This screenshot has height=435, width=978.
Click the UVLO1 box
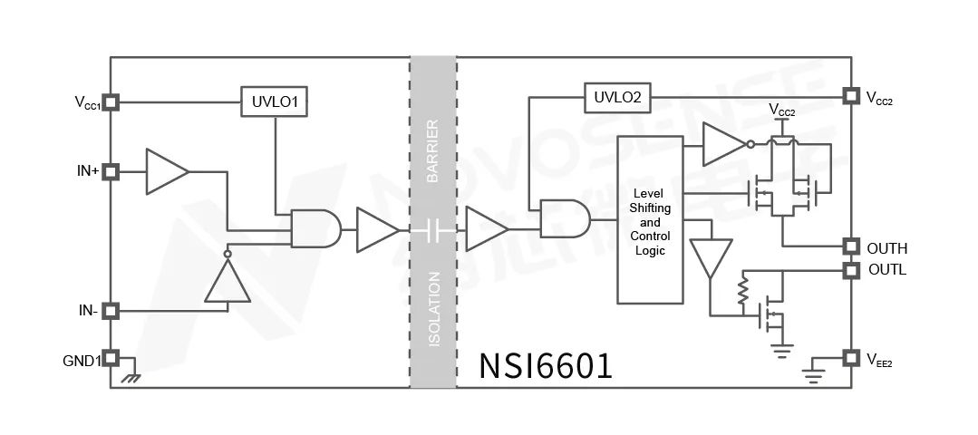point(275,102)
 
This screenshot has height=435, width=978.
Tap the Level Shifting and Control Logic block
point(649,219)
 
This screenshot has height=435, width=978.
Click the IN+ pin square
point(111,170)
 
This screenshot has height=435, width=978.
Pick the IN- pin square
point(111,311)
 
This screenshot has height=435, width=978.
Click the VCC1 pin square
point(111,102)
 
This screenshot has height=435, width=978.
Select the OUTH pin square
point(850,246)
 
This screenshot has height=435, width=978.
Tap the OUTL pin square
point(850,270)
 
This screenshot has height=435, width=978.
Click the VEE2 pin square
point(850,358)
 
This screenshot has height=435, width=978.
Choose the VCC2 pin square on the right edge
point(850,95)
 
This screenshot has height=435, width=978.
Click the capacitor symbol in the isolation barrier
point(432,231)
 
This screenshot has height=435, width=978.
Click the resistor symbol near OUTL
point(742,291)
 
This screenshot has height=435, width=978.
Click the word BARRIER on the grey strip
point(432,150)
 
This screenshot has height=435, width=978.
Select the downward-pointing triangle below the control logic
point(710,257)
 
